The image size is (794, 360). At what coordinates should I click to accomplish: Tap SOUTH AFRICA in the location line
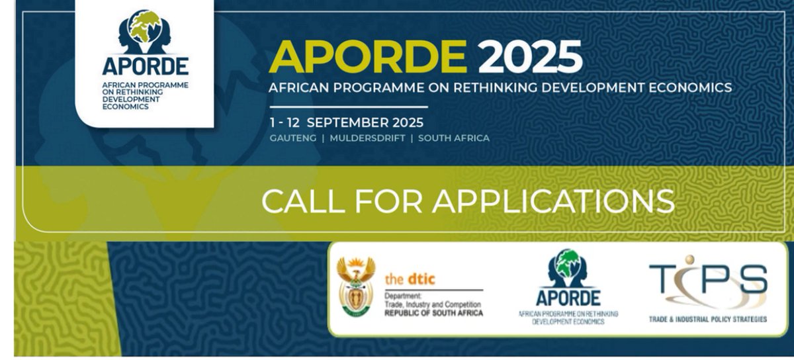[x=454, y=138]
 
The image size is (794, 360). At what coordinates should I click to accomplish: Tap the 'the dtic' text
[x=411, y=279]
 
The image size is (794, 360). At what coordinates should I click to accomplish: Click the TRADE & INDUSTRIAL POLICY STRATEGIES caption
[x=708, y=320]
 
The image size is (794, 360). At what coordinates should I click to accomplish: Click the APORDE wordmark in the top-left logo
[x=146, y=66]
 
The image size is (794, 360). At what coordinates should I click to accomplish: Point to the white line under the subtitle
[x=349, y=107]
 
